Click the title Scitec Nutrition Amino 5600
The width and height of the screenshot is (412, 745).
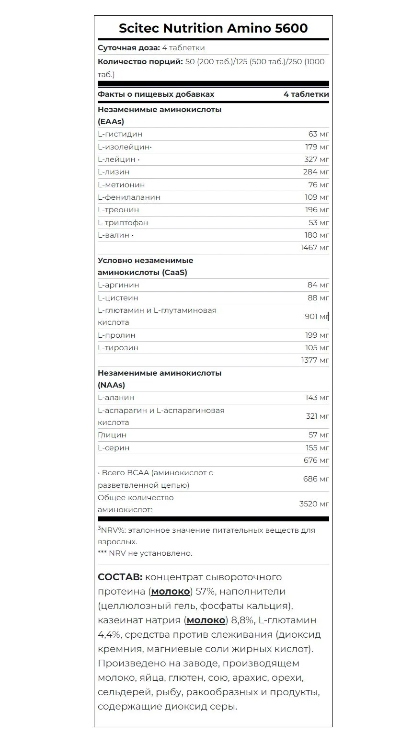coord(213,28)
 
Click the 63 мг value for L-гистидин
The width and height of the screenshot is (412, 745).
coord(318,134)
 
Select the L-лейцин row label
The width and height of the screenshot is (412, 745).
coord(117,160)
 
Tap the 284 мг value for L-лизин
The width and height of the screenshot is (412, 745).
coord(316,172)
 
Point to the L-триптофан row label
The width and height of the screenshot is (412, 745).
coord(123,223)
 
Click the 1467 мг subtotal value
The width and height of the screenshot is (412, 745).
coord(314,248)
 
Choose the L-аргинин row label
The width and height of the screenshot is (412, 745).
coord(118,285)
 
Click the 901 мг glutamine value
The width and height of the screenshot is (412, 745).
coord(316,317)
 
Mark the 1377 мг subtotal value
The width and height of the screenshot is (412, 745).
coord(315,360)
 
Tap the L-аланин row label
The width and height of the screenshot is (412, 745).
coord(116,398)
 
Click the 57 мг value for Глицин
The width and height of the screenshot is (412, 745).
coord(319,435)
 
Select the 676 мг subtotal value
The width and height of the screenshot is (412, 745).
coord(316,460)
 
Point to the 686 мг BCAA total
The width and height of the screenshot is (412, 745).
coord(316,479)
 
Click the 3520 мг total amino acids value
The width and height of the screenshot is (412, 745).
coord(314,504)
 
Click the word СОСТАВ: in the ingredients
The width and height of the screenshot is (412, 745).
coord(120,577)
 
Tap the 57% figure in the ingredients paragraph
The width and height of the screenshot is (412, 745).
coord(206,592)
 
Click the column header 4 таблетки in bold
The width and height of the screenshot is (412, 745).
coord(306,94)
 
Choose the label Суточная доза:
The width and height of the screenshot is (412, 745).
coord(128,48)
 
